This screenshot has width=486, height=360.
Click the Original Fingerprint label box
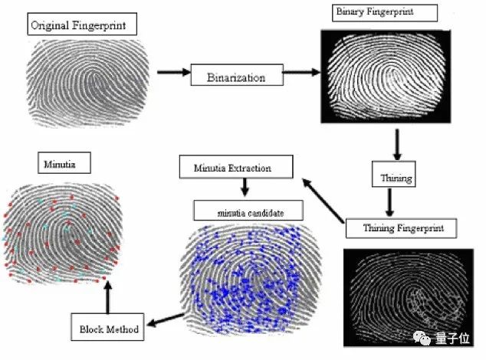point(83,25)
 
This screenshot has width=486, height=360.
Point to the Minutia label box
point(58,162)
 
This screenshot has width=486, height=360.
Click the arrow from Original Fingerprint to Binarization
point(173,73)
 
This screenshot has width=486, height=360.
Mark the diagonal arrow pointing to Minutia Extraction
point(322,200)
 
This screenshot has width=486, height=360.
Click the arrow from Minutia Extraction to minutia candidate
point(243,186)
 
